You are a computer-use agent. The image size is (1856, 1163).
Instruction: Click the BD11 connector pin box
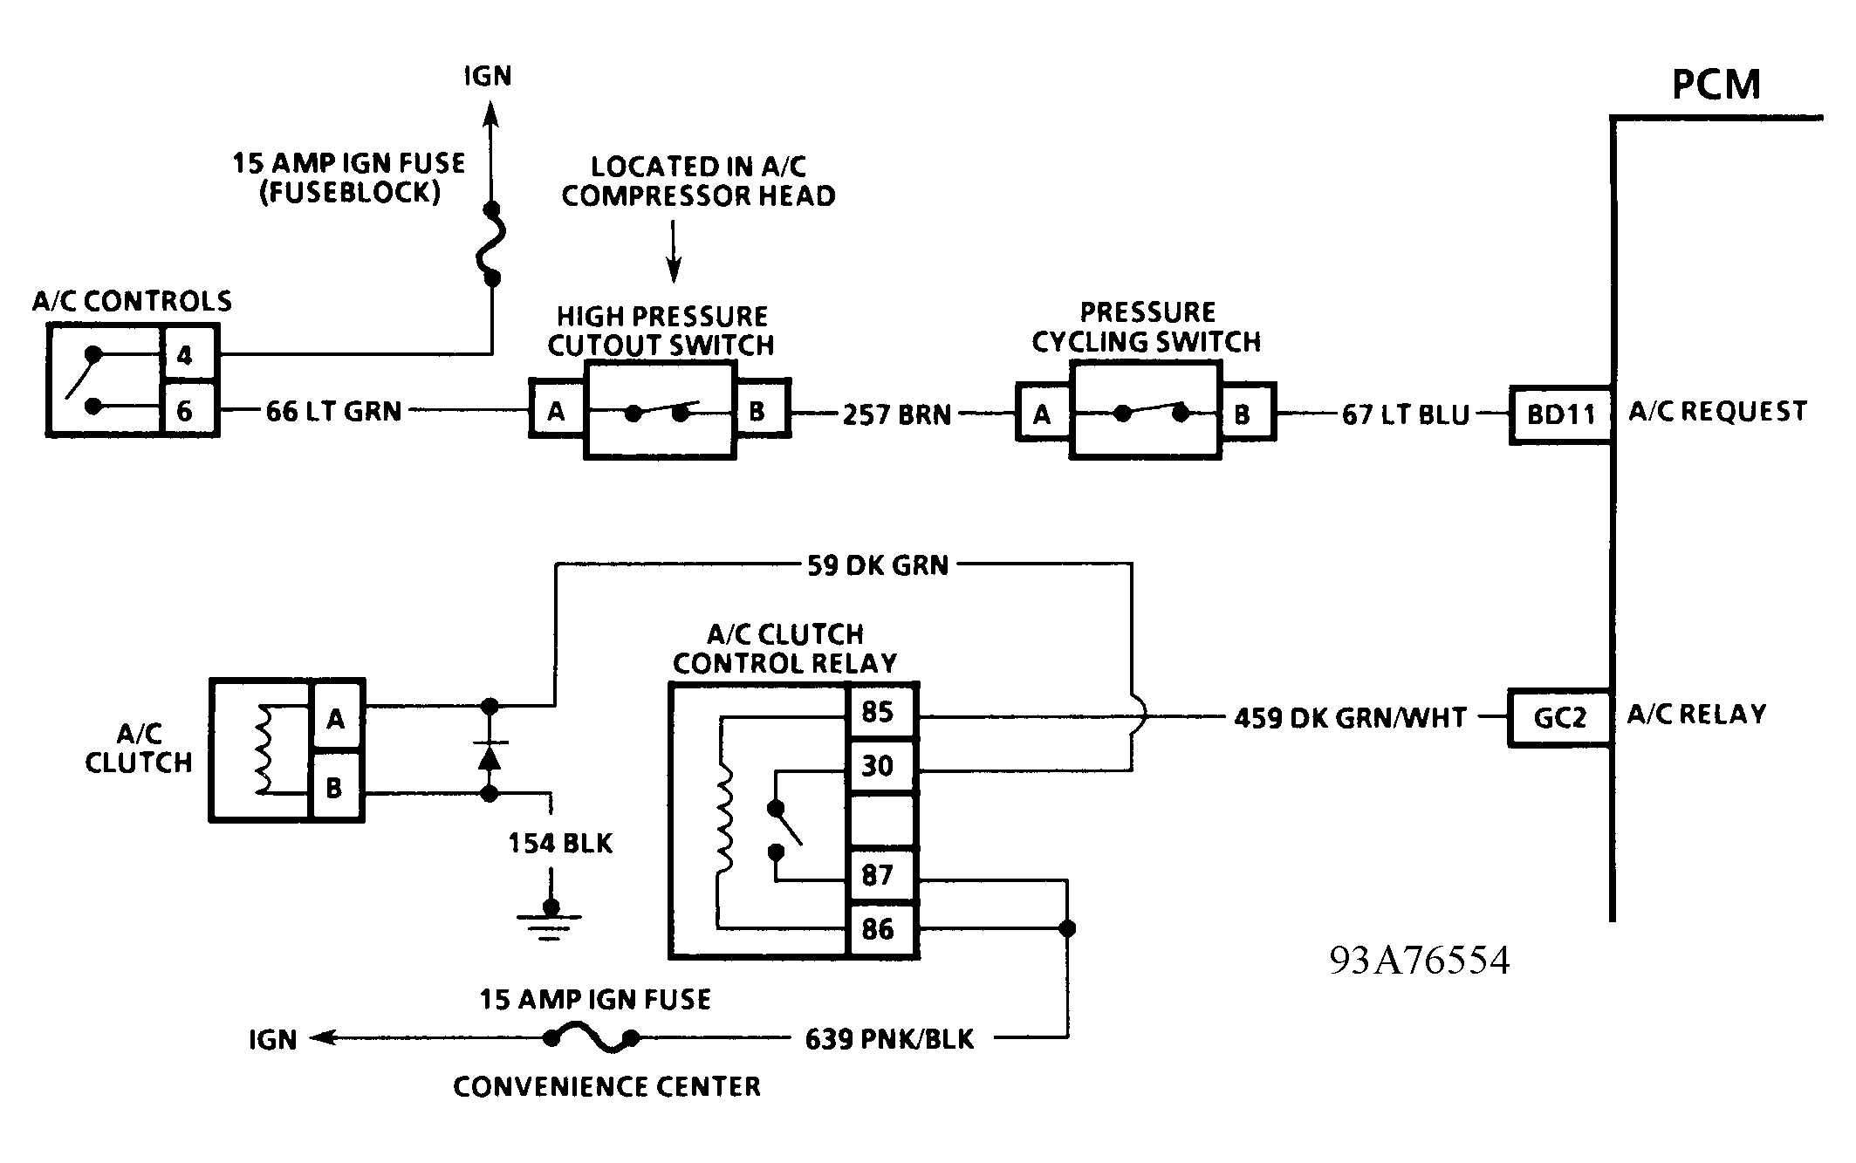coord(1560,415)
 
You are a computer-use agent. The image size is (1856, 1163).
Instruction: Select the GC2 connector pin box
coord(1560,717)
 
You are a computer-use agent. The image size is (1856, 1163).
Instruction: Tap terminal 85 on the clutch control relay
coord(881,712)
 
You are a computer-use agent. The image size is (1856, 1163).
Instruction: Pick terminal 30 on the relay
coord(881,766)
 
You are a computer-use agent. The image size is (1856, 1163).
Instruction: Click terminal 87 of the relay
coord(881,875)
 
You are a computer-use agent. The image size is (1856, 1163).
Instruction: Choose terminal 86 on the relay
coord(881,929)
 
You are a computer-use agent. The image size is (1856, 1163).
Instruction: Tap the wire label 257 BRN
coord(897,414)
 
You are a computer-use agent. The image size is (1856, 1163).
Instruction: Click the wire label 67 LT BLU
coord(1406,414)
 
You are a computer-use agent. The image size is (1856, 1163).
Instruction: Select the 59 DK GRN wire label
coord(877,565)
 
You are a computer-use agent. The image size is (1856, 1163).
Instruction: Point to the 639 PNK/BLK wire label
coord(889,1039)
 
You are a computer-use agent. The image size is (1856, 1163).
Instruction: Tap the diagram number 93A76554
coord(1420,961)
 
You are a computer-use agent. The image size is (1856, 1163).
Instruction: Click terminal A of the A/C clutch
coord(336,719)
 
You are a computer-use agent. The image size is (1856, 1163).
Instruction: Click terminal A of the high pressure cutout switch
coord(556,410)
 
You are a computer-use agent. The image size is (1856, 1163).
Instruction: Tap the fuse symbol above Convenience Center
coord(592,1038)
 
